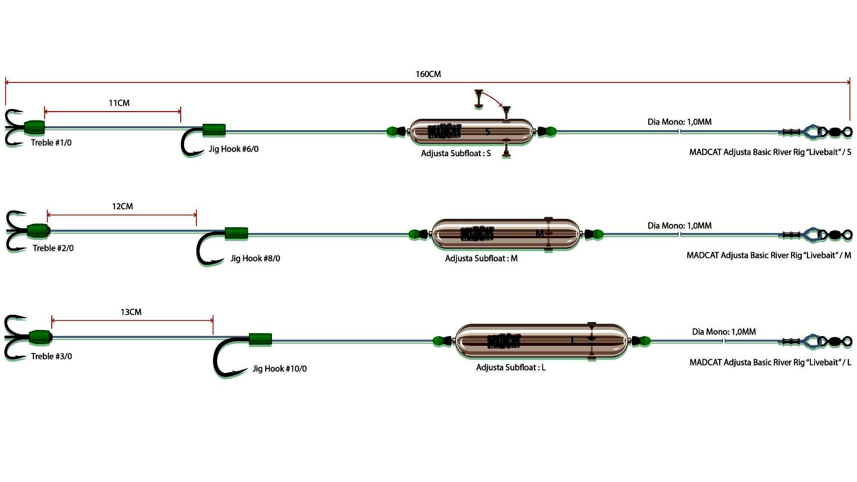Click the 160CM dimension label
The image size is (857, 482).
point(428,74)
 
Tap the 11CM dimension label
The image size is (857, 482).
point(119,103)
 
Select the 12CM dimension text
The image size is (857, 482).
point(123,207)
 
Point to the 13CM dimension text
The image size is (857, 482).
point(131,312)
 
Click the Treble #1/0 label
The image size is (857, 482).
point(51,143)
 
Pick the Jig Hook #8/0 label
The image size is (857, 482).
point(255,258)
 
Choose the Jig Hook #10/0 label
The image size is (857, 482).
point(280,369)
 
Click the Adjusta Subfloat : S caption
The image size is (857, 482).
point(456,154)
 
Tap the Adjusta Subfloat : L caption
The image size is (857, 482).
point(511,367)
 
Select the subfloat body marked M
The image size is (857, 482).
point(506,234)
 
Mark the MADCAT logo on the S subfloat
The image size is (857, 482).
point(444,132)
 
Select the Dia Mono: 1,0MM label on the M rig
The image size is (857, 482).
point(680,226)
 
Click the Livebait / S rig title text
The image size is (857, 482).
point(770,152)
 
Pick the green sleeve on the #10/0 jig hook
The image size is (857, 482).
point(260,339)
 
